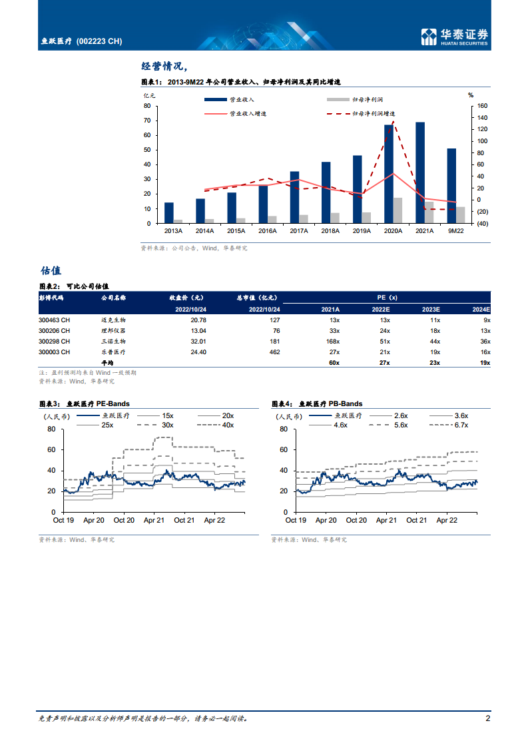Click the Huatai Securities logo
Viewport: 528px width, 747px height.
tap(455, 37)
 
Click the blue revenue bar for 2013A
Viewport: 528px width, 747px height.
tap(169, 212)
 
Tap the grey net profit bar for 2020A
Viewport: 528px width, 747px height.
tap(397, 210)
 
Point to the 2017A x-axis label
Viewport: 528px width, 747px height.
tap(299, 231)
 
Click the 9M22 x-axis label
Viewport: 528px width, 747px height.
tap(455, 231)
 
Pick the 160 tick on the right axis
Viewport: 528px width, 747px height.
tap(483, 106)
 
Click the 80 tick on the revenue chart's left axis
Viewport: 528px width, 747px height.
tap(147, 106)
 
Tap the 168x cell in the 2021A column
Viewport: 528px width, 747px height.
tap(330, 341)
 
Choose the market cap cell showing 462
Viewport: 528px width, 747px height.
tap(274, 352)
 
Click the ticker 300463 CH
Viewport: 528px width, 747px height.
tap(55, 320)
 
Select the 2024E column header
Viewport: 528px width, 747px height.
tap(481, 310)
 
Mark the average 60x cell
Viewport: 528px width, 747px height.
tap(334, 362)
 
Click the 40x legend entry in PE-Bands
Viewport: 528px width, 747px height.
tap(228, 425)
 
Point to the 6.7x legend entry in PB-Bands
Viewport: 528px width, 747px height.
tap(461, 425)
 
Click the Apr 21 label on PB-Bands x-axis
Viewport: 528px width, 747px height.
tap(387, 520)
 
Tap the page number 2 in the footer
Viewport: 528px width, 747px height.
tap(487, 718)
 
